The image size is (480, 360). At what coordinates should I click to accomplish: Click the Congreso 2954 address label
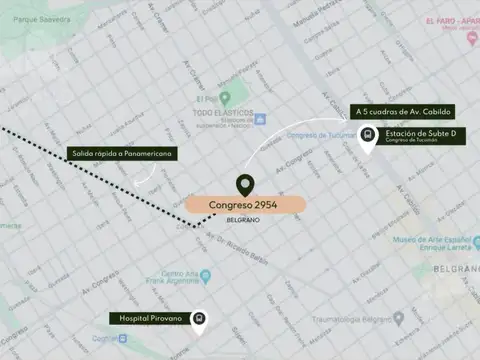pyautogui.click(x=245, y=205)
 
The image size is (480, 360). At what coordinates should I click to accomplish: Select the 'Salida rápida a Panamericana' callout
pyautogui.click(x=120, y=154)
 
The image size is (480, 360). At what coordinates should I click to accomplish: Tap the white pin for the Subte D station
pyautogui.click(x=368, y=138)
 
